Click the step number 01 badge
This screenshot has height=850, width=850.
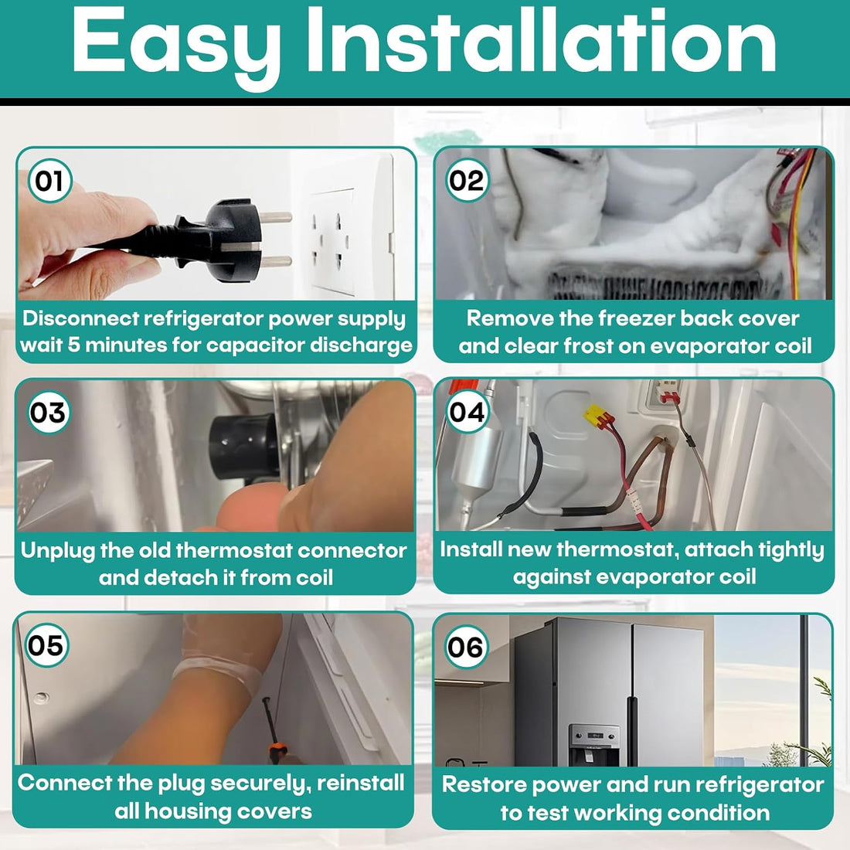coord(50,181)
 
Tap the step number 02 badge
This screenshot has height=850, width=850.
coord(467,181)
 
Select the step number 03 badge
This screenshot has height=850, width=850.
coord(49,413)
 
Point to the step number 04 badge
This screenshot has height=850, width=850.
coord(467,412)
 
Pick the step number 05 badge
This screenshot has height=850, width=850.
coord(46,645)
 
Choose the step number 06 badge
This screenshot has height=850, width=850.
coord(466,647)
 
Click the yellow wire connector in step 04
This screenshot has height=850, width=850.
coord(597,416)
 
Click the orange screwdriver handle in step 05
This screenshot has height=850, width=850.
coord(277,753)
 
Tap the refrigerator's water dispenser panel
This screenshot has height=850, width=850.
coord(593,746)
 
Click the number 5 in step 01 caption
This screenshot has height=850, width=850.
coord(73,345)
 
